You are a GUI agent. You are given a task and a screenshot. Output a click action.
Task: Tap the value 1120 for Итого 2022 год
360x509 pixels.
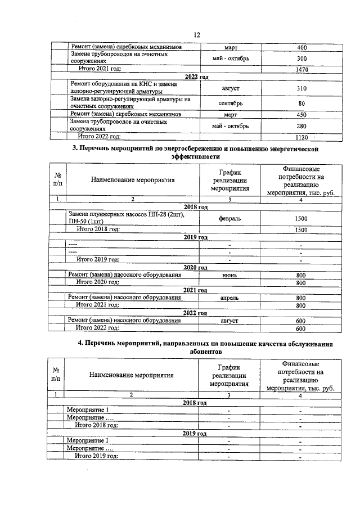(302, 136)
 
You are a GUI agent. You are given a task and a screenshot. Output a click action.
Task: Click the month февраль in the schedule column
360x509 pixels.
(231, 218)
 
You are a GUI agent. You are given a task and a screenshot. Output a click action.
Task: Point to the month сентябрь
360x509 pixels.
(231, 103)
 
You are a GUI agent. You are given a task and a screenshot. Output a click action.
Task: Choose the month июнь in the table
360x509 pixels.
(231, 275)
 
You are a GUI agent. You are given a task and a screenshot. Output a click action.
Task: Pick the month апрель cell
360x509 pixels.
(231, 298)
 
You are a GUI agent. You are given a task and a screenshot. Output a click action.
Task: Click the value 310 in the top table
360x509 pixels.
(302, 88)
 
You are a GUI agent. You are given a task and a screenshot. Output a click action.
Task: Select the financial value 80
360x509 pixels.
(302, 103)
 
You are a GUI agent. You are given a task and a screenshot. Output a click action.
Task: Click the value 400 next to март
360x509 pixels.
(302, 47)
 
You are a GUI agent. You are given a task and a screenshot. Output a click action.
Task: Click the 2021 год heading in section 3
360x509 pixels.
(196, 290)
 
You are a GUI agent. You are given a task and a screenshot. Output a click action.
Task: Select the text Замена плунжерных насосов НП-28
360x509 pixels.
(130, 214)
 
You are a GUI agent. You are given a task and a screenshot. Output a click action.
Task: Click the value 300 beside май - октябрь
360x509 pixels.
(302, 58)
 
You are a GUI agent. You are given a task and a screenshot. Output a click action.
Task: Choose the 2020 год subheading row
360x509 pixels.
(196, 268)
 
